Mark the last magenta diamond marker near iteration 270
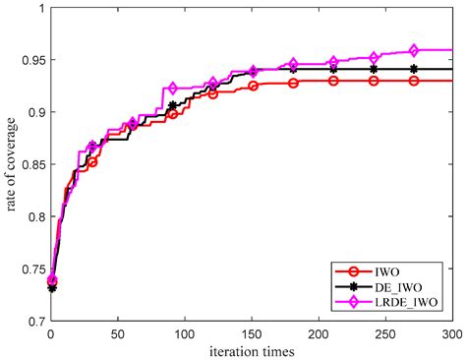click(x=414, y=50)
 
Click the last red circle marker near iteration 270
click(x=414, y=81)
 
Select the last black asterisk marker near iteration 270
click(x=414, y=69)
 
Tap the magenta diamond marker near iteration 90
click(x=173, y=89)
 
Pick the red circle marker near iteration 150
click(x=254, y=86)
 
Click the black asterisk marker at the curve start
click(x=52, y=287)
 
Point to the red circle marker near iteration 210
click(x=333, y=81)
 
